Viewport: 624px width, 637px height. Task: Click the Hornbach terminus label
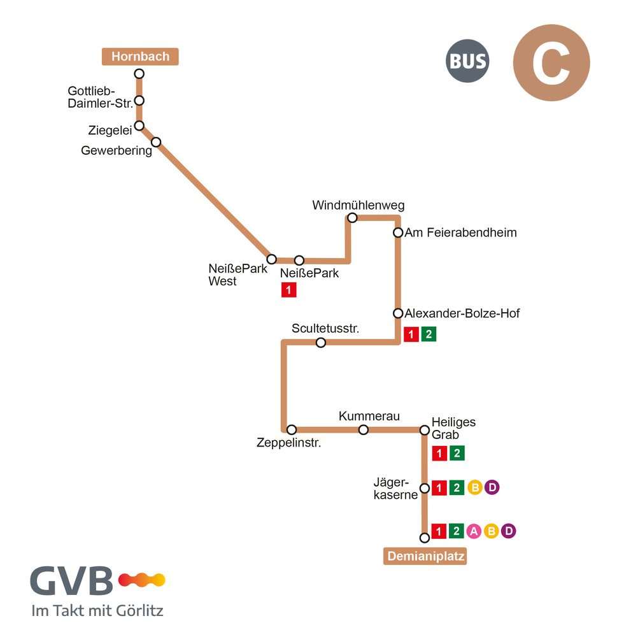pos(140,57)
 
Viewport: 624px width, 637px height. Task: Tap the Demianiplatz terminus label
pos(425,555)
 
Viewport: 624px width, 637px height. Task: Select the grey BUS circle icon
pos(467,61)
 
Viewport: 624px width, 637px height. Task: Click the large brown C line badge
pos(551,62)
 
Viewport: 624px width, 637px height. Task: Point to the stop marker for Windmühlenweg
pos(352,218)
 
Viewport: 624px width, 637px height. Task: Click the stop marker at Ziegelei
pos(139,125)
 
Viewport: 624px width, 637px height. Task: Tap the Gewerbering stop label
pos(117,151)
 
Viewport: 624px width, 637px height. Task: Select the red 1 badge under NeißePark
pos(288,290)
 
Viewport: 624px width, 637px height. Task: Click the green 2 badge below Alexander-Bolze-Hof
pos(429,334)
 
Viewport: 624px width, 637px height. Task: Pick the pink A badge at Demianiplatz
pos(474,531)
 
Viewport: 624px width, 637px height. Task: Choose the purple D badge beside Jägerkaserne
pos(492,487)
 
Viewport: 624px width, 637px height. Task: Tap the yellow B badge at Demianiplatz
pos(492,531)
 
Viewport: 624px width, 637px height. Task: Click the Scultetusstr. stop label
pos(325,328)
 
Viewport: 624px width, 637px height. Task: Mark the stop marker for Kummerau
pos(364,429)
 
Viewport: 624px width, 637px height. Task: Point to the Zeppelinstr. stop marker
pos(292,429)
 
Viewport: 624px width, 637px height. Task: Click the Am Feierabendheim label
pos(461,233)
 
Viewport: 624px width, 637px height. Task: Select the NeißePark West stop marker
pos(272,259)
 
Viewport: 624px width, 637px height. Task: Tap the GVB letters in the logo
pos(71,580)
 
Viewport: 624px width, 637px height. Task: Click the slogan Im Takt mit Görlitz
pos(97,611)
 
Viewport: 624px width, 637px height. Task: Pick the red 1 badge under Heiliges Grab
pos(439,454)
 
